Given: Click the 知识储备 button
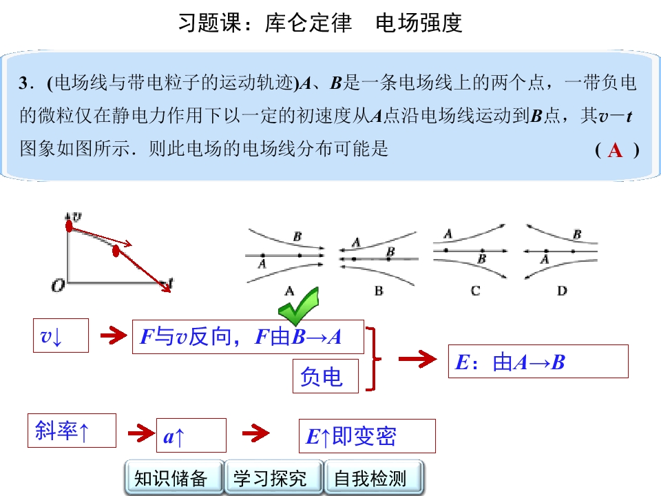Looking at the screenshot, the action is click(174, 477).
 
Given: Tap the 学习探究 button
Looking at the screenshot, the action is click(273, 477).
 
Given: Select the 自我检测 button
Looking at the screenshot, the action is click(373, 477).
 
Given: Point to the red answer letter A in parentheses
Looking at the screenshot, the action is click(615, 150).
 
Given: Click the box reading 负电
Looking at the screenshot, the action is click(326, 376).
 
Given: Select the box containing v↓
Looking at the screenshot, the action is click(61, 335).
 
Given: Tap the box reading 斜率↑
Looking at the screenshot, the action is click(72, 431).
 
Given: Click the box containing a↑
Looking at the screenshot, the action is click(191, 435).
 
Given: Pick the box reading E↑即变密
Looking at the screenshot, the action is click(367, 436).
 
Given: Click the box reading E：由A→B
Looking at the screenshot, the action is click(538, 362).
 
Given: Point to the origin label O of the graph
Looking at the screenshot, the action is click(58, 286).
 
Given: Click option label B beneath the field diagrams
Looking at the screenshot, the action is click(379, 291).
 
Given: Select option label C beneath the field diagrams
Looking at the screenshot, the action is click(475, 291).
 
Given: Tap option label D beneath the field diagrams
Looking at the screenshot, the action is click(562, 291).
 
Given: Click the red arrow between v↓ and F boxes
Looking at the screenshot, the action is click(113, 335).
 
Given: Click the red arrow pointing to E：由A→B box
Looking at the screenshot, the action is click(417, 359).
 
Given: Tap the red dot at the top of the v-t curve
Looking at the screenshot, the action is click(69, 226).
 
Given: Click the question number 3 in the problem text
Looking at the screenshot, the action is click(23, 83).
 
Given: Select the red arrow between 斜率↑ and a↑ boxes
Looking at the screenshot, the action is click(140, 433).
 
